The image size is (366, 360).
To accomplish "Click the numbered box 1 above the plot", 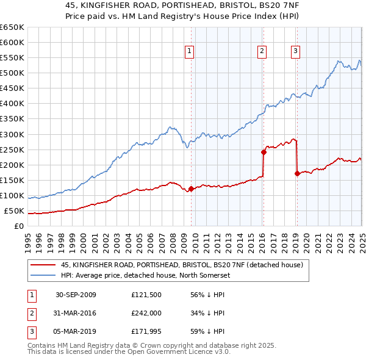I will (190, 52).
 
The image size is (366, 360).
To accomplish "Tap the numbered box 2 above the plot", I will (262, 52).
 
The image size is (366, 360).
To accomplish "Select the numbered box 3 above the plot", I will (295, 52).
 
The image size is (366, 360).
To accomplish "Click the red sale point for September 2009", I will (191, 189).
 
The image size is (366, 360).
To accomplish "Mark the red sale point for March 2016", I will (264, 152).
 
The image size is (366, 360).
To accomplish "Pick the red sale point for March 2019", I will (297, 173).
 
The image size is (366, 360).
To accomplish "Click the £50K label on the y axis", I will (15, 211).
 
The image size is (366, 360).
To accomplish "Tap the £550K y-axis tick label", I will (12, 58).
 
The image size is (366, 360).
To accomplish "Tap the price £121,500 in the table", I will (146, 295).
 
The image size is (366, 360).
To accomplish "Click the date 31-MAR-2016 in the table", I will (76, 314).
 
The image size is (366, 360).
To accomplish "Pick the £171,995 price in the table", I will (146, 333).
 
